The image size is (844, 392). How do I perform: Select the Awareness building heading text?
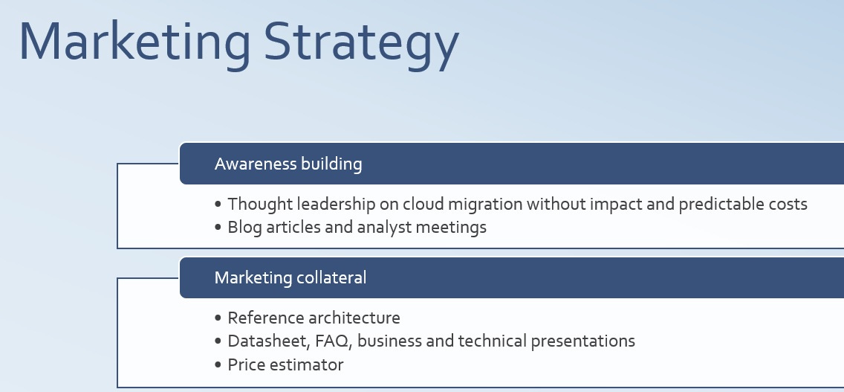click(x=288, y=164)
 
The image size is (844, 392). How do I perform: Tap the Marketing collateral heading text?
click(x=290, y=277)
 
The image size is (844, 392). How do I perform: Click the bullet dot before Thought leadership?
click(x=218, y=205)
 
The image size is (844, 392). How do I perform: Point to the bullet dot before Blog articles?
click(x=218, y=228)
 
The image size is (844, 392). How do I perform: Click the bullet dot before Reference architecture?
click(x=218, y=318)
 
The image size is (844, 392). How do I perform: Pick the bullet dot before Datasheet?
click(x=218, y=341)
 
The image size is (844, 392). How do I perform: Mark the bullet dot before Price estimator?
click(x=218, y=365)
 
